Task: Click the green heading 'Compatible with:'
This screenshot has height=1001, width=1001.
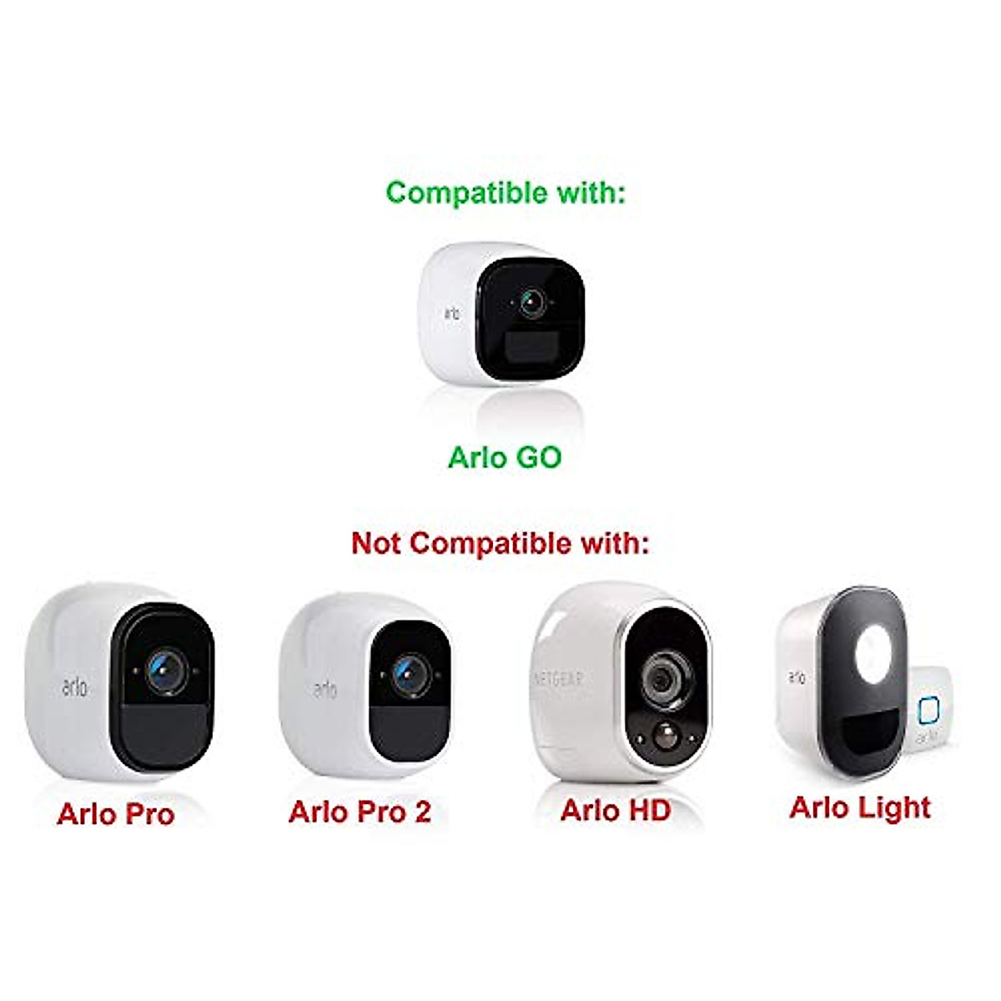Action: click(505, 193)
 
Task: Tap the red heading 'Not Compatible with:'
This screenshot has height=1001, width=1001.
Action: click(500, 543)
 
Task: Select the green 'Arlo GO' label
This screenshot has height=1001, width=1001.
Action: click(505, 457)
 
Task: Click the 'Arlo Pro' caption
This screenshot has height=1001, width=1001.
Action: click(115, 814)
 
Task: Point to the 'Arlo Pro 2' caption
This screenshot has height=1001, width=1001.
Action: click(360, 812)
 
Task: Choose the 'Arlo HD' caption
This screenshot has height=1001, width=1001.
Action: click(616, 810)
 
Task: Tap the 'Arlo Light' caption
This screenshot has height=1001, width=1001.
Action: click(860, 807)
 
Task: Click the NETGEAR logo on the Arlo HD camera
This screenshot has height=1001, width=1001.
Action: click(558, 678)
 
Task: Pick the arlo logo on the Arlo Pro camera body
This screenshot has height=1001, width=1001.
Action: click(74, 687)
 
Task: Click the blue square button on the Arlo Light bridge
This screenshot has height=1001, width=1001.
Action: click(928, 712)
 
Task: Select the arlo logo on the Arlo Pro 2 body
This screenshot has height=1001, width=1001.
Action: click(325, 689)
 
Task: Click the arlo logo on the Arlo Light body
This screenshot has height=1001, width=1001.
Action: click(797, 677)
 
